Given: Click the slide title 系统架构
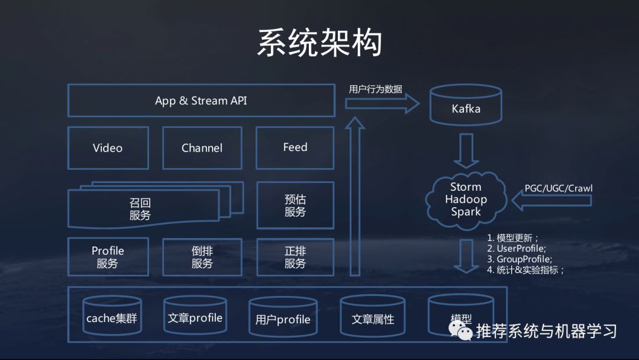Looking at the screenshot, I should coord(319,43).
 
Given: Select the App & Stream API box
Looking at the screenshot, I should coord(201,101).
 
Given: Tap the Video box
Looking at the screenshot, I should coord(108,148).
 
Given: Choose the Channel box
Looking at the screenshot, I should coord(202,148).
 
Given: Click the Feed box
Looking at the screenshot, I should coord(295,147).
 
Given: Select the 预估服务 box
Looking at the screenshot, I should coord(295,205).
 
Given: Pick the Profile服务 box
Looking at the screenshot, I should coord(108,257).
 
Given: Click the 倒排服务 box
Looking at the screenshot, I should coord(202,257).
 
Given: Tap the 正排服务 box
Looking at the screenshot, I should coord(295,257).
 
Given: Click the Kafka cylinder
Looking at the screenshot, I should coord(466,107).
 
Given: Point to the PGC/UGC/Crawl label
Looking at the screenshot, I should coord(558,188).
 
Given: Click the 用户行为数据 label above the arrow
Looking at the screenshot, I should coord(375,89).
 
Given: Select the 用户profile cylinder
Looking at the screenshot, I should coord(282,319).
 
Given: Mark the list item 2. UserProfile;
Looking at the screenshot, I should coord(516,249).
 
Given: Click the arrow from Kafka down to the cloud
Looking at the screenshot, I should coord(466,150).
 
